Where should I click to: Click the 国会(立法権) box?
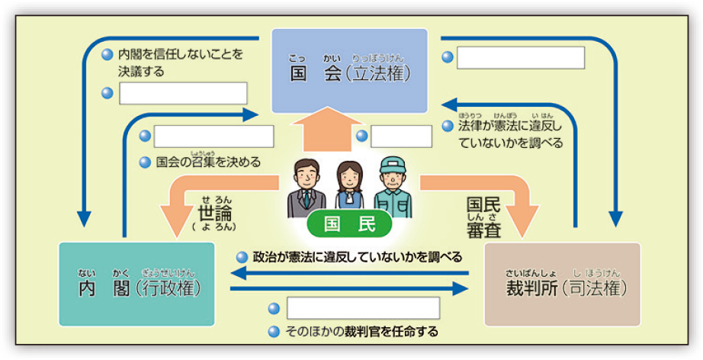[x=350, y=71]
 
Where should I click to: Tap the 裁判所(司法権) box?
[x=563, y=284]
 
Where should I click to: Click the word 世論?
[x=215, y=211]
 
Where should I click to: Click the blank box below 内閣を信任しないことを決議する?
[x=183, y=94]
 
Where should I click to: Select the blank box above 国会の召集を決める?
[x=213, y=137]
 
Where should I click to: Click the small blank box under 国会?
[x=401, y=137]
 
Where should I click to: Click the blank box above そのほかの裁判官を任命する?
[x=363, y=308]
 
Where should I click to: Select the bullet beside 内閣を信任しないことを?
[x=108, y=55]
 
